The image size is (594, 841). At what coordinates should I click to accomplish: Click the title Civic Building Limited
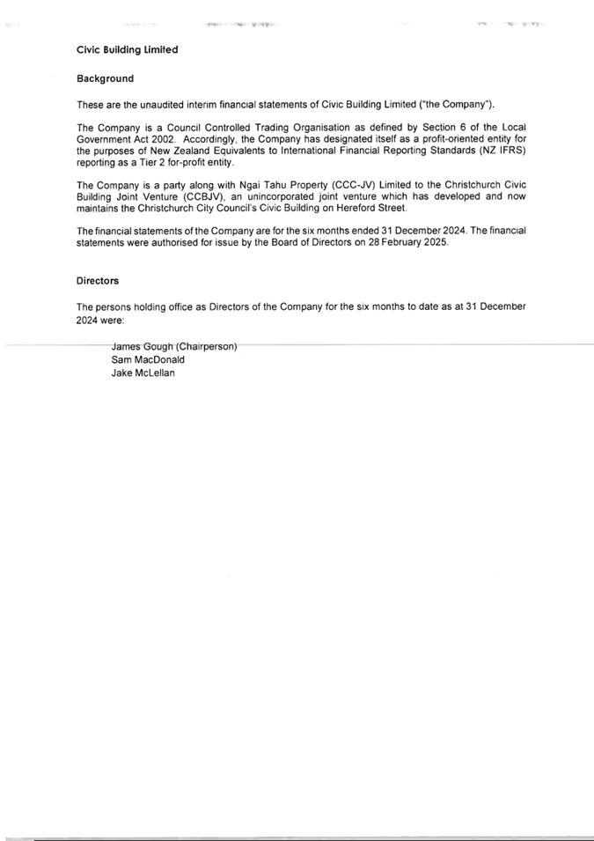[x=127, y=49]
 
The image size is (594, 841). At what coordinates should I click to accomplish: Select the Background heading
[x=105, y=79]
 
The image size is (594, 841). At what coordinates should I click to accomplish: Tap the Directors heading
[x=98, y=280]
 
